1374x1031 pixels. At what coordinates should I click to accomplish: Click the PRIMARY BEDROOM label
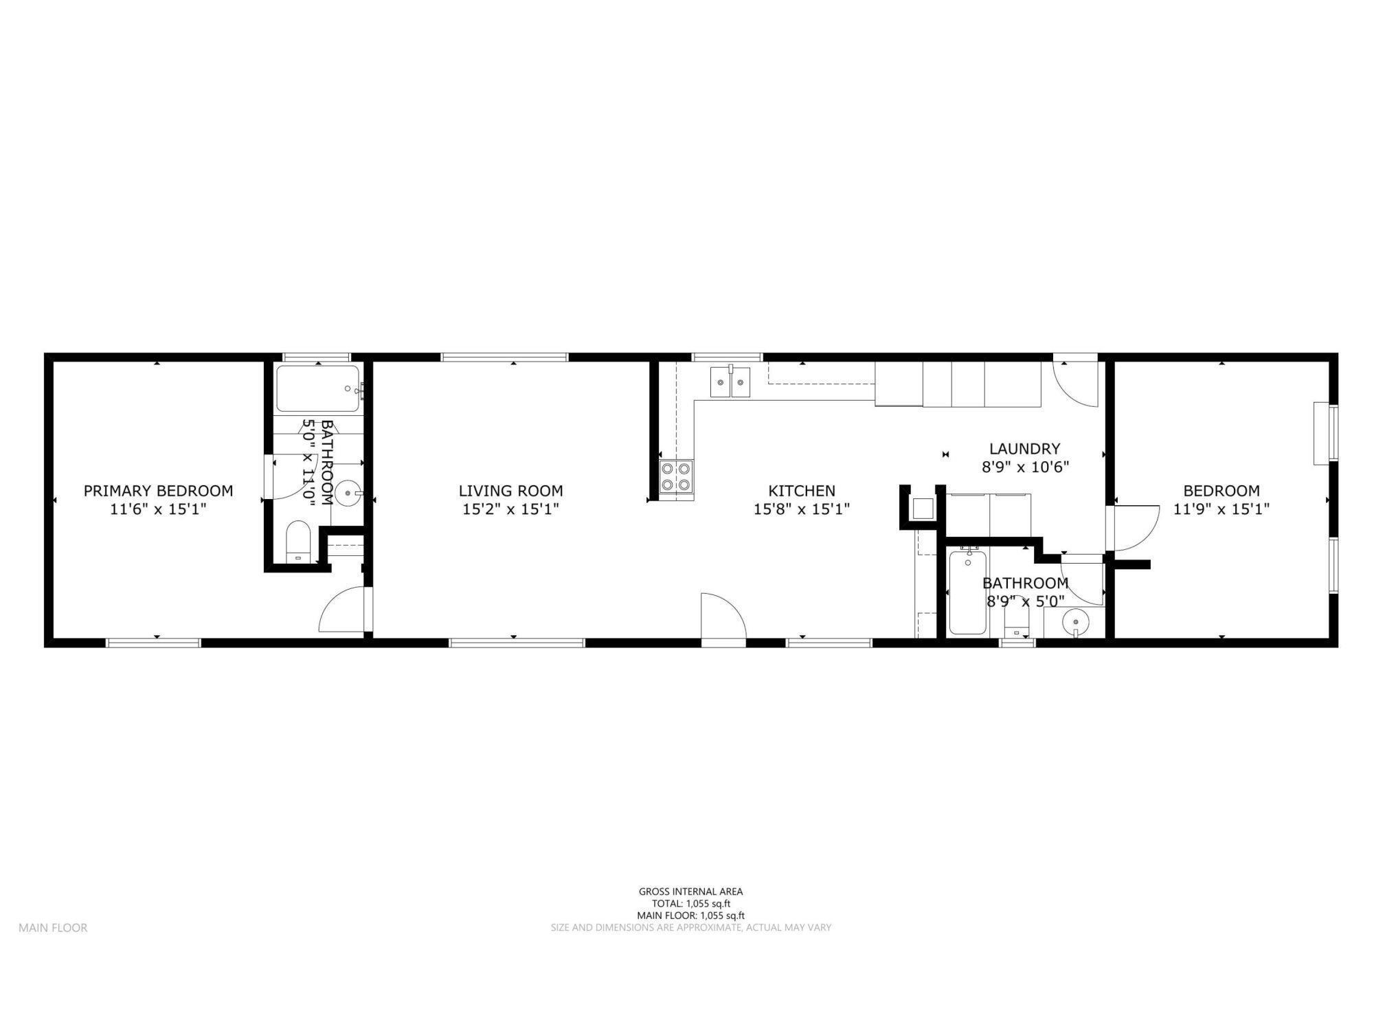pyautogui.click(x=158, y=491)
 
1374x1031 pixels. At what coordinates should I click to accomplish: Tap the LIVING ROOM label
pyautogui.click(x=510, y=491)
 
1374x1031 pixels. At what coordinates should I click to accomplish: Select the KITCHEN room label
pyautogui.click(x=801, y=491)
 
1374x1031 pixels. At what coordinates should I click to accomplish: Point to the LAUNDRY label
pyautogui.click(x=1024, y=449)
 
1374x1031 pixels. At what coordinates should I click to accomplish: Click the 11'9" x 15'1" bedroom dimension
pyautogui.click(x=1221, y=509)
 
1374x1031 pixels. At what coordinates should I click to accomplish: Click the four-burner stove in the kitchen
pyautogui.click(x=675, y=477)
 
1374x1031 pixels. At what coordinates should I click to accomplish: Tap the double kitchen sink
pyautogui.click(x=730, y=382)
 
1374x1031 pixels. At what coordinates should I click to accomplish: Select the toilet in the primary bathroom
pyautogui.click(x=298, y=541)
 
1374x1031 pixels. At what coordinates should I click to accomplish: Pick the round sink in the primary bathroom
pyautogui.click(x=349, y=493)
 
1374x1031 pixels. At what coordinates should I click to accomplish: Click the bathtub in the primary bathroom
pyautogui.click(x=317, y=389)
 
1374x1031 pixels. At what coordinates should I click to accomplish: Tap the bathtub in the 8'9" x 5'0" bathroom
pyautogui.click(x=967, y=592)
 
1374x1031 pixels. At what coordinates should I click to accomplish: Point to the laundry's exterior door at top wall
pyautogui.click(x=1075, y=381)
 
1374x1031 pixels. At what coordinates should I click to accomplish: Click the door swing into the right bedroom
pyautogui.click(x=1134, y=528)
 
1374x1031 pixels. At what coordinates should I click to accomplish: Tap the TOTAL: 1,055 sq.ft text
pyautogui.click(x=690, y=904)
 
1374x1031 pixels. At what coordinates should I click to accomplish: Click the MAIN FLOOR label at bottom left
pyautogui.click(x=53, y=928)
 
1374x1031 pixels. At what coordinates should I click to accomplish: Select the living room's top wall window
pyautogui.click(x=504, y=357)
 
